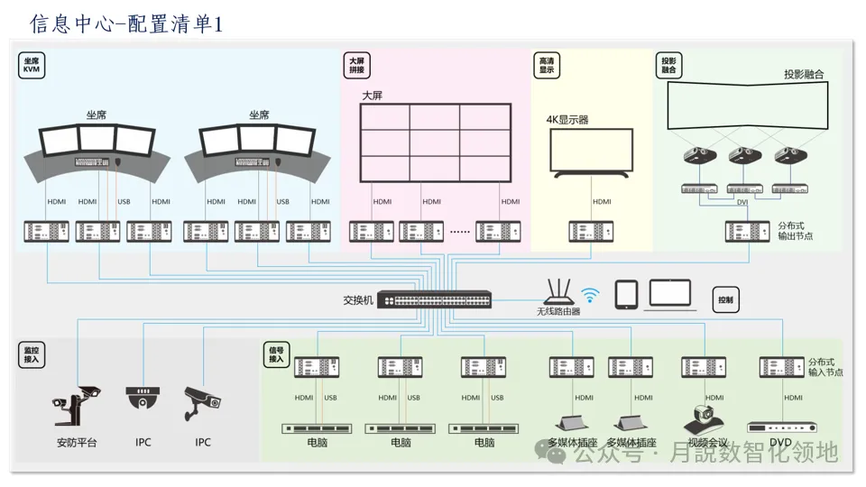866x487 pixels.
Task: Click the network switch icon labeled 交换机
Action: click(436, 299)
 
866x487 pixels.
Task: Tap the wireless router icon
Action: click(559, 290)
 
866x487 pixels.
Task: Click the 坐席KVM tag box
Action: click(33, 66)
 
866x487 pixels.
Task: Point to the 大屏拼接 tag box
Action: click(357, 66)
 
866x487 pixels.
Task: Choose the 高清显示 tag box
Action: click(547, 66)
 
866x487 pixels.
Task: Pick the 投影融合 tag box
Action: click(668, 66)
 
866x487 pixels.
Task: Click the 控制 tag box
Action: click(726, 299)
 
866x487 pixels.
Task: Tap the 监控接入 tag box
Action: click(32, 354)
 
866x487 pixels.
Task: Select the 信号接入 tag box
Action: click(276, 354)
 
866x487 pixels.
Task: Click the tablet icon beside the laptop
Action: click(627, 294)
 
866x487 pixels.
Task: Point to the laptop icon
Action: click(670, 295)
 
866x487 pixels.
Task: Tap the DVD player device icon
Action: click(781, 427)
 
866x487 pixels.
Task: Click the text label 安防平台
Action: click(77, 443)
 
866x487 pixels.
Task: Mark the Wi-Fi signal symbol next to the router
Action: click(590, 294)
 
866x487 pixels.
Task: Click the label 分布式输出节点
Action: click(795, 231)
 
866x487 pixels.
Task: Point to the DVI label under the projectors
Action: click(742, 203)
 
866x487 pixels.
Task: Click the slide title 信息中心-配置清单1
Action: click(126, 23)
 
